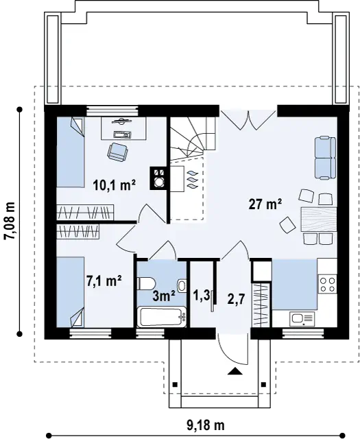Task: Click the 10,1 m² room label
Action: pos(115,185)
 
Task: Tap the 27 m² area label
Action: pos(265,204)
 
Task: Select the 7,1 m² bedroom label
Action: pos(104,281)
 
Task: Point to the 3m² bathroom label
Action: pos(164,296)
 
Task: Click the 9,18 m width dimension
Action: pos(206,425)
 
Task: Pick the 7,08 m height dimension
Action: pos(9,221)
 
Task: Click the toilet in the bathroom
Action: pos(146,283)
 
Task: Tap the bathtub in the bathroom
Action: pos(162,317)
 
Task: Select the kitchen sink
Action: pos(302,318)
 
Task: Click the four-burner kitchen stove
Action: pos(327,284)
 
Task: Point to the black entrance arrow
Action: pos(235,371)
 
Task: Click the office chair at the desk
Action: pos(117,152)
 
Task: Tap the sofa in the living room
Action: pos(325,158)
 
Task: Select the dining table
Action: pos(319,219)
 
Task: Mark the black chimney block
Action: pos(159,178)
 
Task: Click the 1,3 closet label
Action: pos(202,296)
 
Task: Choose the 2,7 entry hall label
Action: pos(237,300)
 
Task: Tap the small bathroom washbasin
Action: pos(182,286)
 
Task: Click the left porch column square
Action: pos(175,384)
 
